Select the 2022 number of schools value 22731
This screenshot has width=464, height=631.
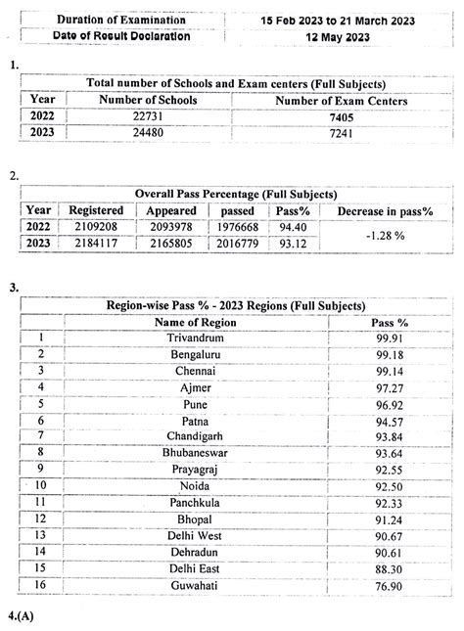click(149, 116)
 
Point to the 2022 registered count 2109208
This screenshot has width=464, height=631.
click(96, 227)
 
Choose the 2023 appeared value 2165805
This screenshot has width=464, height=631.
click(171, 244)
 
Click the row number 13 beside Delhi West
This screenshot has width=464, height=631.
click(41, 535)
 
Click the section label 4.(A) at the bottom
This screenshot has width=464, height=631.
click(22, 618)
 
